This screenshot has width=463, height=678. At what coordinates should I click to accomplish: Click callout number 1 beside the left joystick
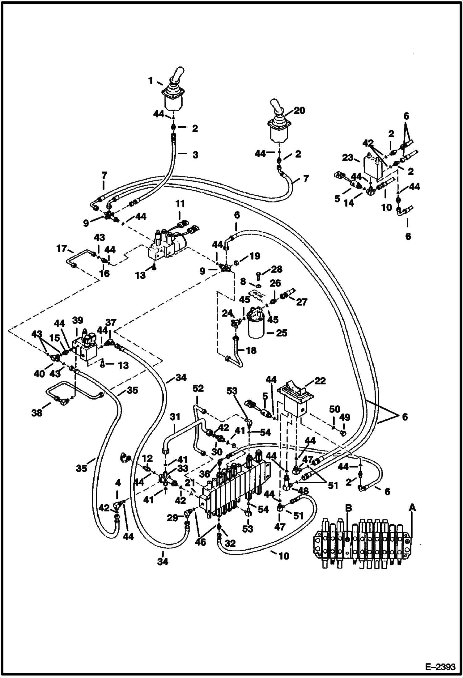pyautogui.click(x=151, y=81)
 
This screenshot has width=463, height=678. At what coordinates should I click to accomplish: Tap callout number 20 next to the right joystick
pyautogui.click(x=299, y=110)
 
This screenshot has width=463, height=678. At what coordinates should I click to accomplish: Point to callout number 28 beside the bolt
pyautogui.click(x=276, y=269)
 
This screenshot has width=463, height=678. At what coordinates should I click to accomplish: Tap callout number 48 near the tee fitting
pyautogui.click(x=302, y=490)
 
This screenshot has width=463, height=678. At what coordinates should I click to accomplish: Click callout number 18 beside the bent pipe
pyautogui.click(x=251, y=350)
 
